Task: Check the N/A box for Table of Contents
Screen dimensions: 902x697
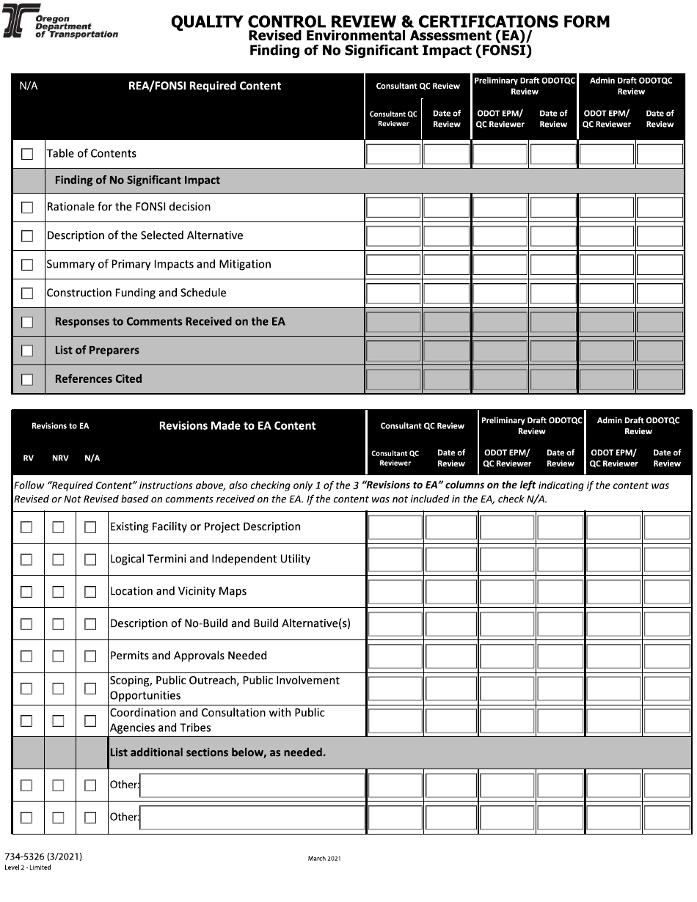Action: (x=27, y=154)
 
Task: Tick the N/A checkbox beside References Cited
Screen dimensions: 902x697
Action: (x=27, y=380)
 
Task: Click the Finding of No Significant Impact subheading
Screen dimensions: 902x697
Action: (x=137, y=180)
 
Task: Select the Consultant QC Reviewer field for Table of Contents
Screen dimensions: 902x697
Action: (x=393, y=154)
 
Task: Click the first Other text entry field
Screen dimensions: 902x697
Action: (x=252, y=785)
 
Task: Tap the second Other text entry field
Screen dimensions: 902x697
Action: (x=252, y=818)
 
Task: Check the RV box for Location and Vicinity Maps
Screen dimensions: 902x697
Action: (x=26, y=592)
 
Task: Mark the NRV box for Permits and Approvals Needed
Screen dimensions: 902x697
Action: (x=58, y=656)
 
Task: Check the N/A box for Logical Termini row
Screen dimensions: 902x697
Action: (x=90, y=560)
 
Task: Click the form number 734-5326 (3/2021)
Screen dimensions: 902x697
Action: (x=43, y=857)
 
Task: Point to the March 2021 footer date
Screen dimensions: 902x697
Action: (x=324, y=858)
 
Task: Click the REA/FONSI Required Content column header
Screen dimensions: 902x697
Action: (x=205, y=86)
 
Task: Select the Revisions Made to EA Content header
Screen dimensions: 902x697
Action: (x=237, y=425)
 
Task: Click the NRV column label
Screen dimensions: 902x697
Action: (x=60, y=458)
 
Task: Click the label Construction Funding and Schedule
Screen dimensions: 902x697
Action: (x=136, y=293)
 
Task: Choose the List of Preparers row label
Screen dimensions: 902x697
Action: (x=97, y=351)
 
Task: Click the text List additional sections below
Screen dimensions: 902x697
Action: (x=217, y=752)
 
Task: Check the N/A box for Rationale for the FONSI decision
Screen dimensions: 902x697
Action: (x=27, y=208)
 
